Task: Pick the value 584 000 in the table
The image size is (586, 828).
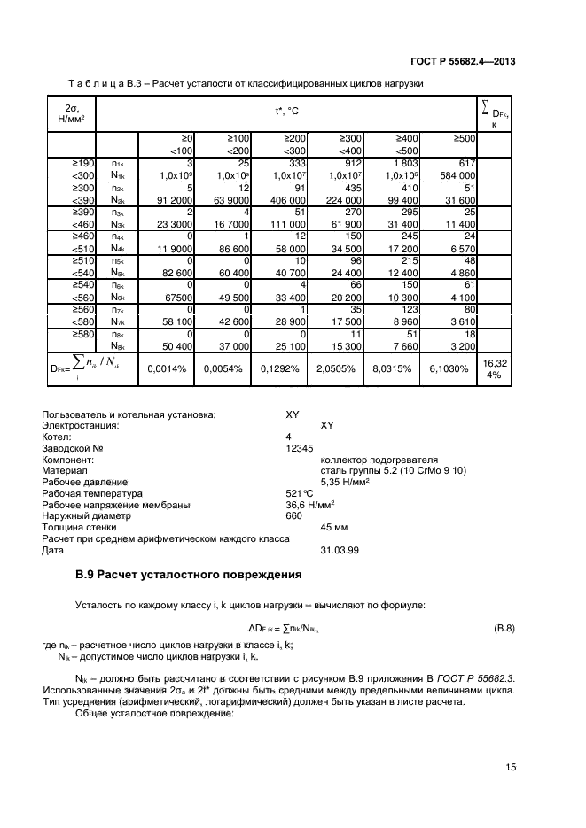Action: [457, 175]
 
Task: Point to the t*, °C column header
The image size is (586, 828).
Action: [286, 112]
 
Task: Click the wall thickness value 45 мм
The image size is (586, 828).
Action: [332, 526]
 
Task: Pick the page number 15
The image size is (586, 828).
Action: [510, 767]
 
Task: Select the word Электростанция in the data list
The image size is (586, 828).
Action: [81, 425]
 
